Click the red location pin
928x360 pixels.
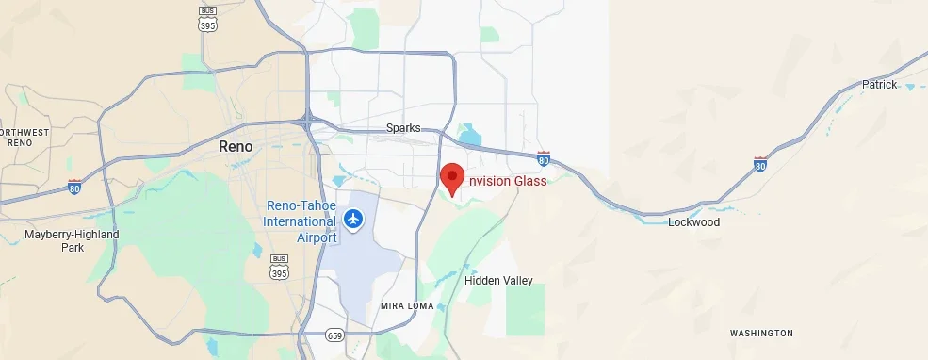tap(452, 177)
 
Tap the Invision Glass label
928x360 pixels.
tap(508, 181)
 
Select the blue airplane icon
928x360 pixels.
tap(353, 220)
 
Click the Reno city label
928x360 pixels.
tap(236, 146)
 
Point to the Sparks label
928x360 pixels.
tap(402, 128)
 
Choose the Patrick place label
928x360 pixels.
tap(880, 85)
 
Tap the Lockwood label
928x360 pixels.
tap(693, 222)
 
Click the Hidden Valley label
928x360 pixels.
tap(498, 280)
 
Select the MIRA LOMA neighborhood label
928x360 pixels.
tap(406, 306)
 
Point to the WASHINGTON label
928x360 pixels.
tap(761, 334)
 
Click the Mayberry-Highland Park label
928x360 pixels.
tap(72, 240)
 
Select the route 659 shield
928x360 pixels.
tap(334, 335)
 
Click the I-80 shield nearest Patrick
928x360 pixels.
tap(760, 163)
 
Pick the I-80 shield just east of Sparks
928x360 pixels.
tap(544, 157)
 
